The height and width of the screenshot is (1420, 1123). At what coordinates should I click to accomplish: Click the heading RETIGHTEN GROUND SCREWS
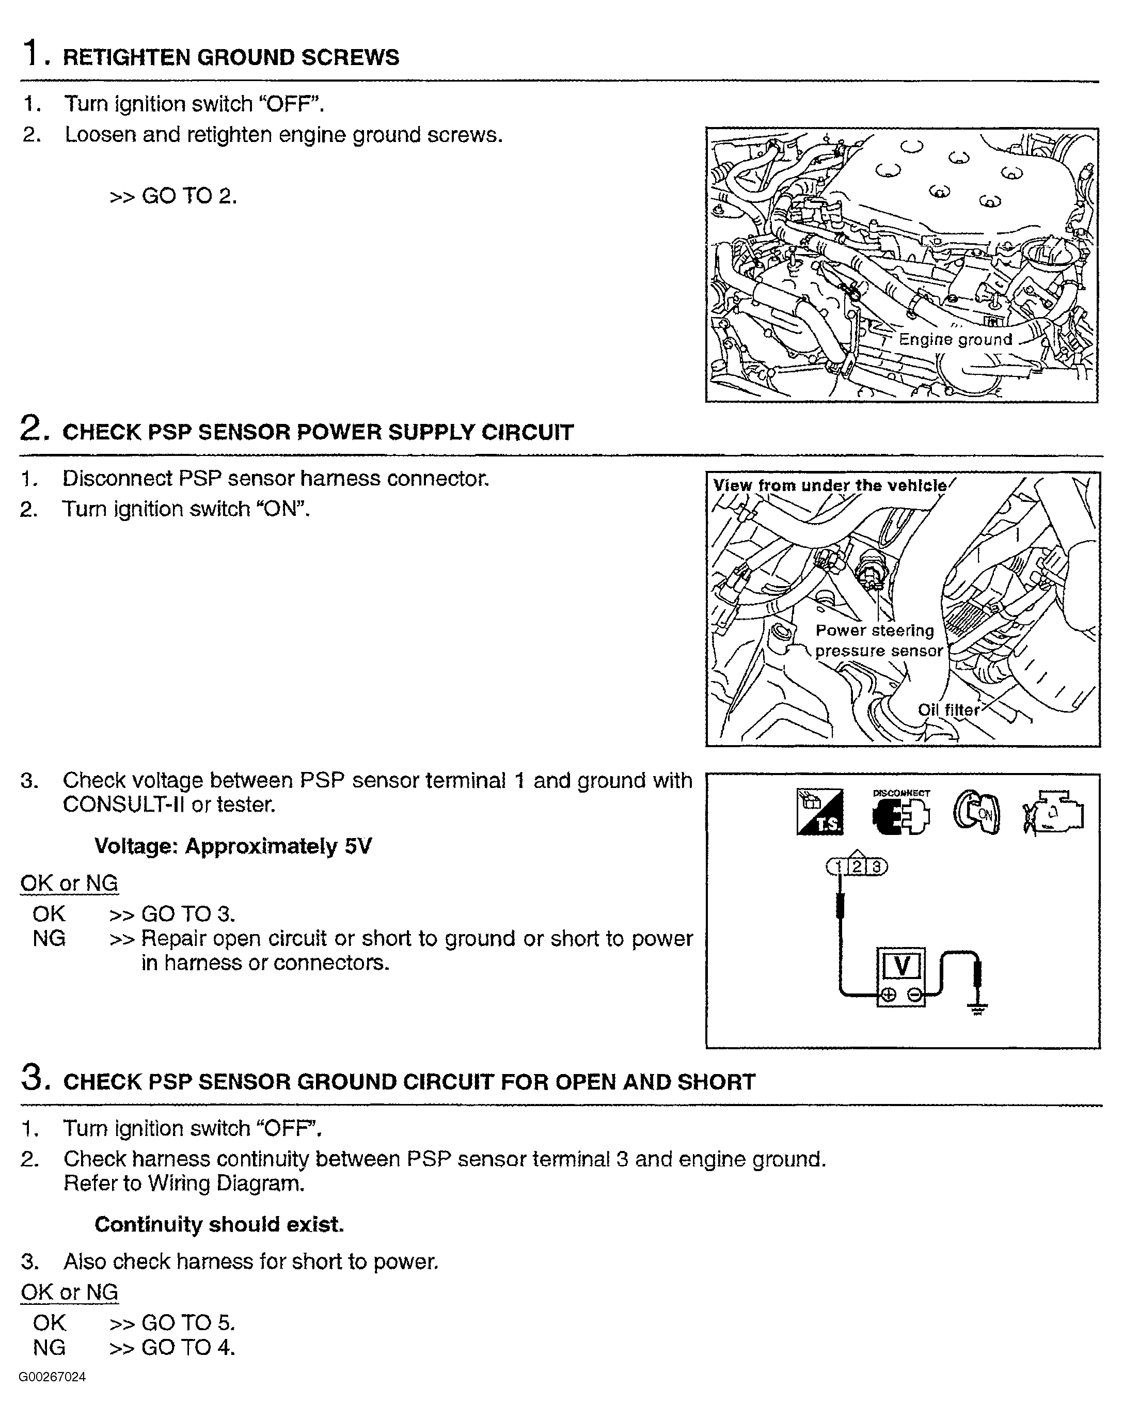coord(230,57)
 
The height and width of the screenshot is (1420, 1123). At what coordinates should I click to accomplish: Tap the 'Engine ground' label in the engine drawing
coord(955,339)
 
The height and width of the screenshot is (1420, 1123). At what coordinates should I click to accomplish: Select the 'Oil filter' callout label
coord(948,710)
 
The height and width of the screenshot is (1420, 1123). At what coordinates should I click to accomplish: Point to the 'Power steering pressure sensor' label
coord(878,640)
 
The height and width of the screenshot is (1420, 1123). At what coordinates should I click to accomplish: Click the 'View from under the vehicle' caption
coord(830,486)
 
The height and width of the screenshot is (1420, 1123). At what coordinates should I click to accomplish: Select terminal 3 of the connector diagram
coord(876,866)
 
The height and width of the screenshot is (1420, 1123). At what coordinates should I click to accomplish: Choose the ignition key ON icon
coord(976,813)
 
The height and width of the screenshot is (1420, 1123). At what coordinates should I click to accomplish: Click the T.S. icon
coord(819,813)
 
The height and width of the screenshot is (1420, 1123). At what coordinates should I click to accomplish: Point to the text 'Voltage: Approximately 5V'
coord(233,846)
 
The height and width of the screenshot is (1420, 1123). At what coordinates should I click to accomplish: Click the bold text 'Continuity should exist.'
coord(219,1224)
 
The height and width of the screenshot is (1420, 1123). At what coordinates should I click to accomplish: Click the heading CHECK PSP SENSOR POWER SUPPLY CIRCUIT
coord(318,433)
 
